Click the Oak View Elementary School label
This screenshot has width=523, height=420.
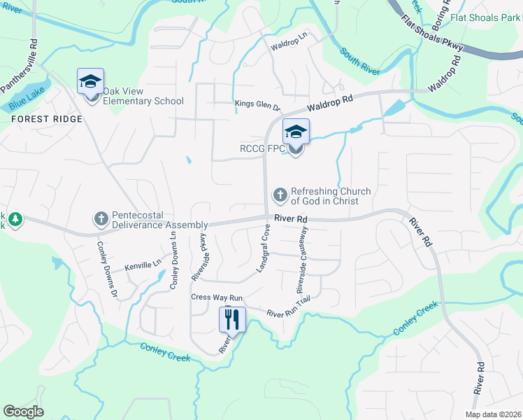[143, 96]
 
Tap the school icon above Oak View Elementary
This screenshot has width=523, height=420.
[90, 82]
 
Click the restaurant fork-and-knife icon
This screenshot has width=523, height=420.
[232, 320]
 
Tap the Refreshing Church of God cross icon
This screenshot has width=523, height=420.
[280, 195]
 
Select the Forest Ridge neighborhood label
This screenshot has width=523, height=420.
[47, 119]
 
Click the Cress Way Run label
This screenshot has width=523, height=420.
[217, 297]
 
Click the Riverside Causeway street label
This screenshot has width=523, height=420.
[304, 259]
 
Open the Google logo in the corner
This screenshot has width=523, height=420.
[23, 412]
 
